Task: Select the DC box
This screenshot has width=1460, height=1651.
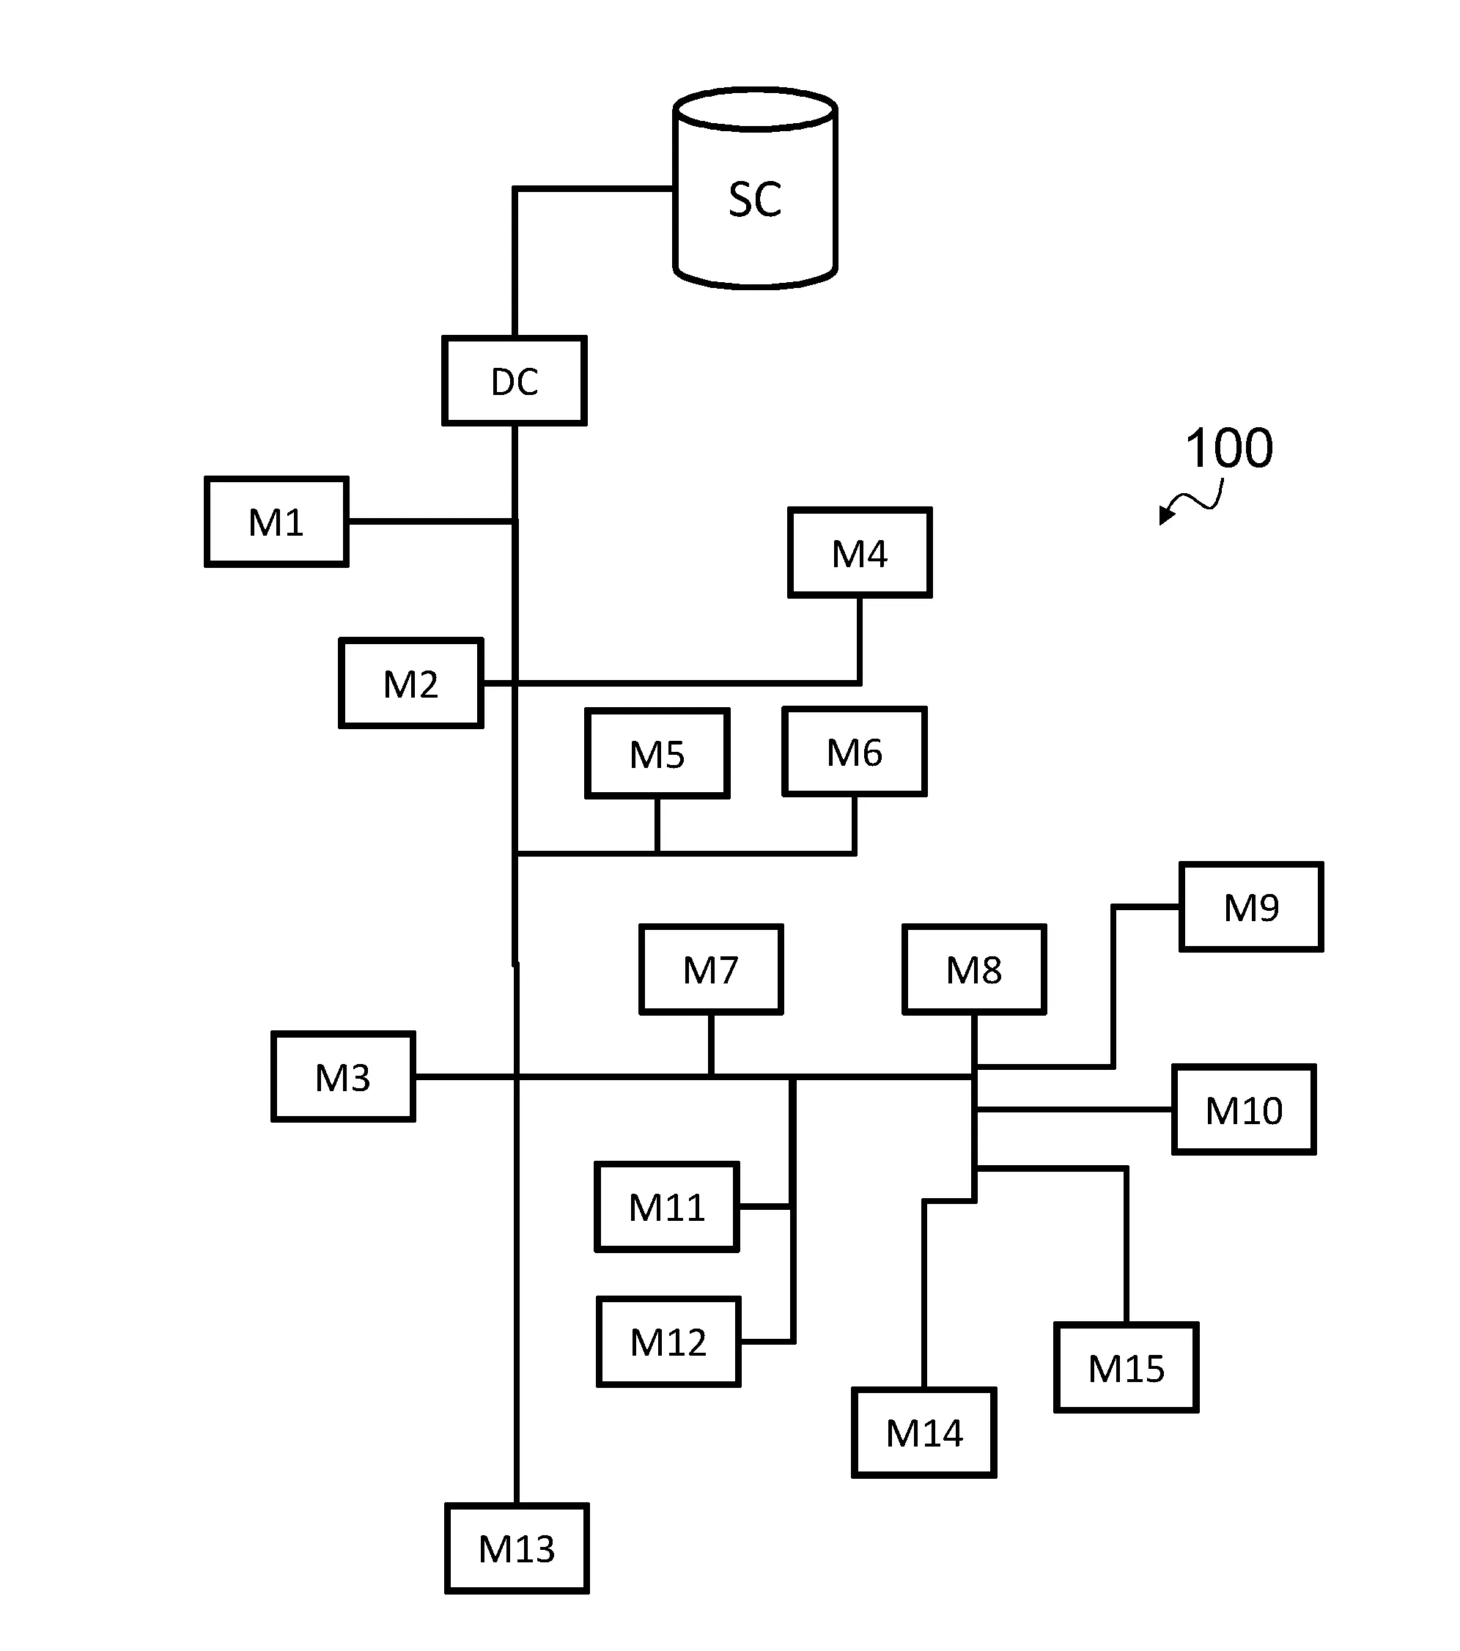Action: [514, 380]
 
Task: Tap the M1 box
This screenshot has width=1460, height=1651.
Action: [276, 522]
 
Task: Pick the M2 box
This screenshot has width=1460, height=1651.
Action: [410, 684]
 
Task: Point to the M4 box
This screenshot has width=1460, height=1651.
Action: [860, 553]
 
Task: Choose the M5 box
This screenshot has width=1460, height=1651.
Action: [657, 753]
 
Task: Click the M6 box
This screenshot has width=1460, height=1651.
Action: [854, 752]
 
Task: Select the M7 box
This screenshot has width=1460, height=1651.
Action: [711, 969]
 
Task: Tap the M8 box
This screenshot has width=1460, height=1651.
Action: [973, 969]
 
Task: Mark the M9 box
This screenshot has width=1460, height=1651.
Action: [1250, 907]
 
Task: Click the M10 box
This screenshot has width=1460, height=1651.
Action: [1244, 1109]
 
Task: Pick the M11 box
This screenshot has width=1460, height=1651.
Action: [666, 1207]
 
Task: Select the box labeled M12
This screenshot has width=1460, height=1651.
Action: [668, 1342]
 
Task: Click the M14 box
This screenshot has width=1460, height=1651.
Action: [923, 1433]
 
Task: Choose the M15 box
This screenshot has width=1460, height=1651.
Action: [1126, 1367]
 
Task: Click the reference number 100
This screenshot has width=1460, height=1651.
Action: [1228, 448]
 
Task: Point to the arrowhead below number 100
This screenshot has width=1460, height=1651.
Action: [1165, 515]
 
